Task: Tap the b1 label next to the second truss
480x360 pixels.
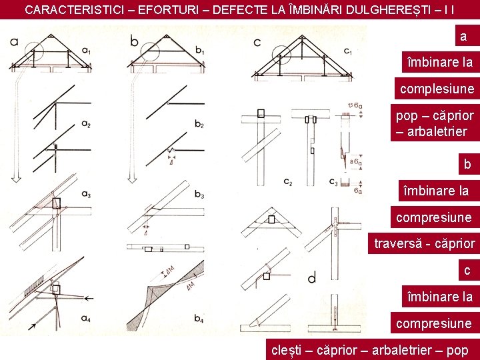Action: tap(200, 51)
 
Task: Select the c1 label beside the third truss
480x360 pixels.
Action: tap(348, 51)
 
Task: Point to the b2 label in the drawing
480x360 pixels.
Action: tap(199, 124)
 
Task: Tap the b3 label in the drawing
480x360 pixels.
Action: tap(199, 194)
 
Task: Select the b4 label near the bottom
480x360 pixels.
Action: tap(199, 318)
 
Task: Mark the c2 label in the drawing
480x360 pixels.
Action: tap(287, 181)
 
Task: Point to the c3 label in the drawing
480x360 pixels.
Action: tap(333, 181)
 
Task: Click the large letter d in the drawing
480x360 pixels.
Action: tap(312, 275)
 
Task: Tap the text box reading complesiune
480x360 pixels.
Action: tap(437, 89)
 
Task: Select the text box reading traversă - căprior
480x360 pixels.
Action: tap(424, 244)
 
